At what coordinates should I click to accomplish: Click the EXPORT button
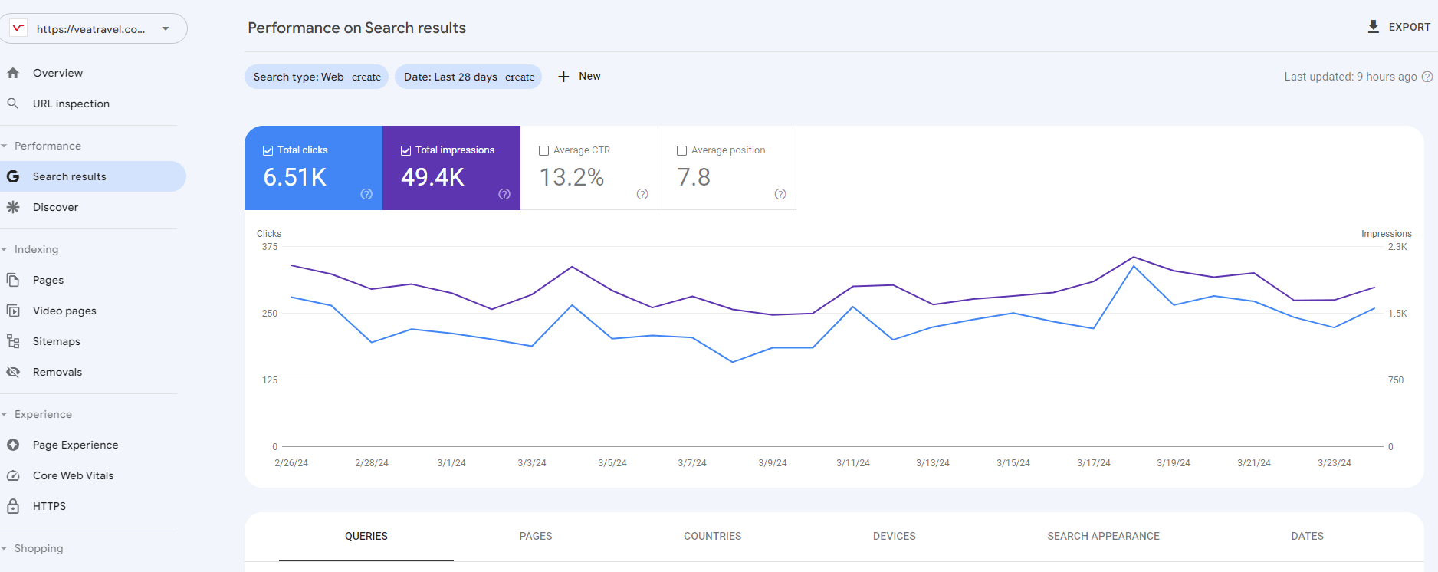1399,27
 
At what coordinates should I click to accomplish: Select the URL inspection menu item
71,104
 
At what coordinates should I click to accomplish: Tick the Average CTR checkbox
543,150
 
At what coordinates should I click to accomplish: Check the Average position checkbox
681,150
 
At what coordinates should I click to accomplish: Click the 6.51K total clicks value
295,177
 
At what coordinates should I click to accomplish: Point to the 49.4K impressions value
432,177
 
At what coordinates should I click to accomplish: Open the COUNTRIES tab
712,536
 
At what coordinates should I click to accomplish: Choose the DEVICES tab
894,536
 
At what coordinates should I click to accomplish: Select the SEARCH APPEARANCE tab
1103,536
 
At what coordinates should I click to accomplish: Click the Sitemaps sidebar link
56,341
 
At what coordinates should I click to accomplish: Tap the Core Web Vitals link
73,475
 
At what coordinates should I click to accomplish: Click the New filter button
579,77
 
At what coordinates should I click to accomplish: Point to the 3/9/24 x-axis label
772,463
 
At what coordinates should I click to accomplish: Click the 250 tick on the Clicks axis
270,314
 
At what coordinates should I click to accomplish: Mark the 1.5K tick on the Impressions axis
1397,314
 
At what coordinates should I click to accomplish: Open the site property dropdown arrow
166,29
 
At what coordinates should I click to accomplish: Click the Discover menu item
55,207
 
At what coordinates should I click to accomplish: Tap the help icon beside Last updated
1427,77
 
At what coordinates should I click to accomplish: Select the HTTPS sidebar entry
49,506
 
